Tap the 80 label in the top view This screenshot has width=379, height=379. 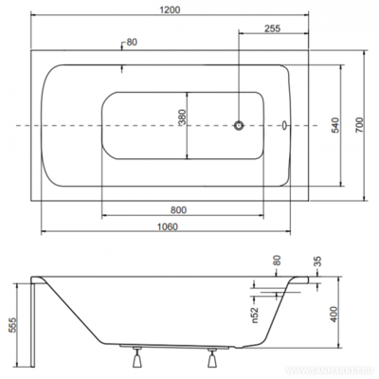pos(131,42)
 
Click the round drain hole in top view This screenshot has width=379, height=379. pos(240,125)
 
